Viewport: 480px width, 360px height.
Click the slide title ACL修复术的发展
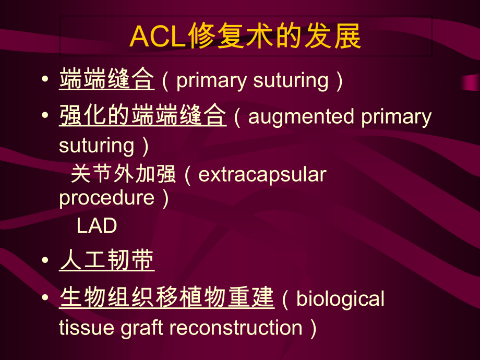[245, 36]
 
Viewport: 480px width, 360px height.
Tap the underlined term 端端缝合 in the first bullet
[106, 80]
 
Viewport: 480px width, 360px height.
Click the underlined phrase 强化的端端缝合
[142, 116]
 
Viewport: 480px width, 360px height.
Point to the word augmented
[302, 117]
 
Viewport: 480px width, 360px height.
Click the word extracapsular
[262, 174]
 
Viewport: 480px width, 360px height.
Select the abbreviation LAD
[97, 226]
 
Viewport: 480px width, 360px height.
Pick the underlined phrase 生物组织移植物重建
[166, 298]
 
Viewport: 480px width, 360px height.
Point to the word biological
[340, 299]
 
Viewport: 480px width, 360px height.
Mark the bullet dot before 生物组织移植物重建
[47, 297]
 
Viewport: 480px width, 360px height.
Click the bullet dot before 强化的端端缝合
[47, 115]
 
